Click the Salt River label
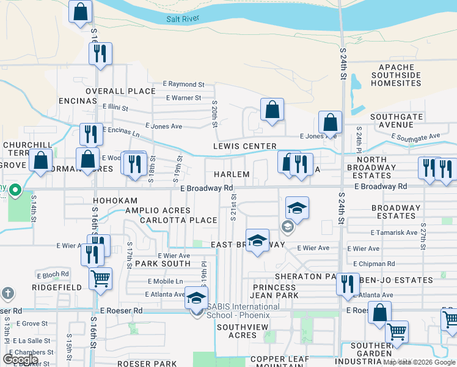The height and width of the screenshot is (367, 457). [x=184, y=19]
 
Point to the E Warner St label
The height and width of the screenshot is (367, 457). [x=183, y=98]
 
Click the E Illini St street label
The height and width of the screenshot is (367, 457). [x=115, y=107]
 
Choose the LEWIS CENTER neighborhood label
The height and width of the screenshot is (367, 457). [x=244, y=147]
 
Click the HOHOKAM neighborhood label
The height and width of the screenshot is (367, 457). [x=115, y=201]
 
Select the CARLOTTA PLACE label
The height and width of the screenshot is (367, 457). [x=178, y=220]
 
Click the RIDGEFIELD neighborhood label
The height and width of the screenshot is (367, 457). [x=53, y=286]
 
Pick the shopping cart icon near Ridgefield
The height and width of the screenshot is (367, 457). [x=101, y=278]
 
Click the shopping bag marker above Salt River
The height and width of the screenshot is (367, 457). [x=80, y=12]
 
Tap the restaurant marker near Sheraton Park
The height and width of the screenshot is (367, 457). [x=348, y=284]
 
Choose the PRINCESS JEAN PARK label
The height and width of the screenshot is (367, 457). [x=275, y=291]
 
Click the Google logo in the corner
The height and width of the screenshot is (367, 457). [x=21, y=360]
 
